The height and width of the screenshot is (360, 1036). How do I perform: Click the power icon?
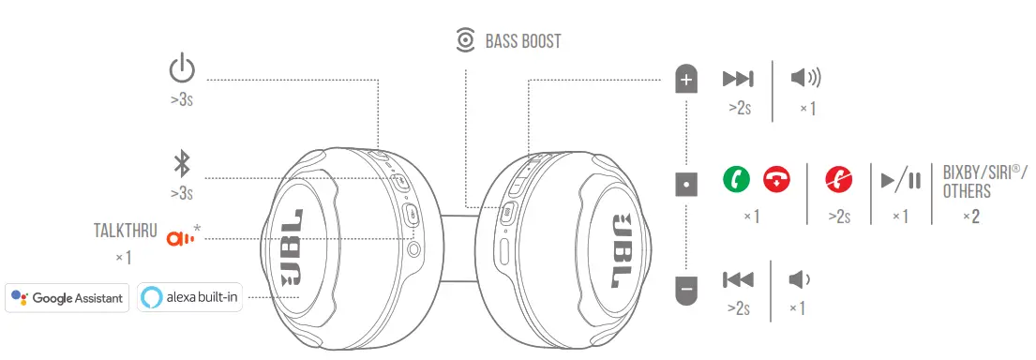click(182, 70)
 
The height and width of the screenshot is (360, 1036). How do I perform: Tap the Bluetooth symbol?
click(182, 165)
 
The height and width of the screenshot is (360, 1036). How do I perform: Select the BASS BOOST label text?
click(522, 41)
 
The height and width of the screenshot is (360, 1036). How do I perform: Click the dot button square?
click(686, 185)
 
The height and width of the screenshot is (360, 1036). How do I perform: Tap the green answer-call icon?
click(736, 178)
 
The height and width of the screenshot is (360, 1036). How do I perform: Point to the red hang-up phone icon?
click(776, 178)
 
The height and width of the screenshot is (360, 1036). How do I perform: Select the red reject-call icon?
click(838, 178)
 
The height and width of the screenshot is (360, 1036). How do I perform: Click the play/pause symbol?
click(901, 178)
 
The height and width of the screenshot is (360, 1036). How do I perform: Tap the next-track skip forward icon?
click(739, 79)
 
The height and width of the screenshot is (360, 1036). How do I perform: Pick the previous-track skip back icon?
click(738, 279)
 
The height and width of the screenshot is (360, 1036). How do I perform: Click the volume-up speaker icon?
click(805, 79)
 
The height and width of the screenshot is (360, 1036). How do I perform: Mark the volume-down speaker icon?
click(800, 279)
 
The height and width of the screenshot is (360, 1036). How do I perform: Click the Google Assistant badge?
click(67, 298)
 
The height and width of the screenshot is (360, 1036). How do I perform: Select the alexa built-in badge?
click(189, 298)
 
